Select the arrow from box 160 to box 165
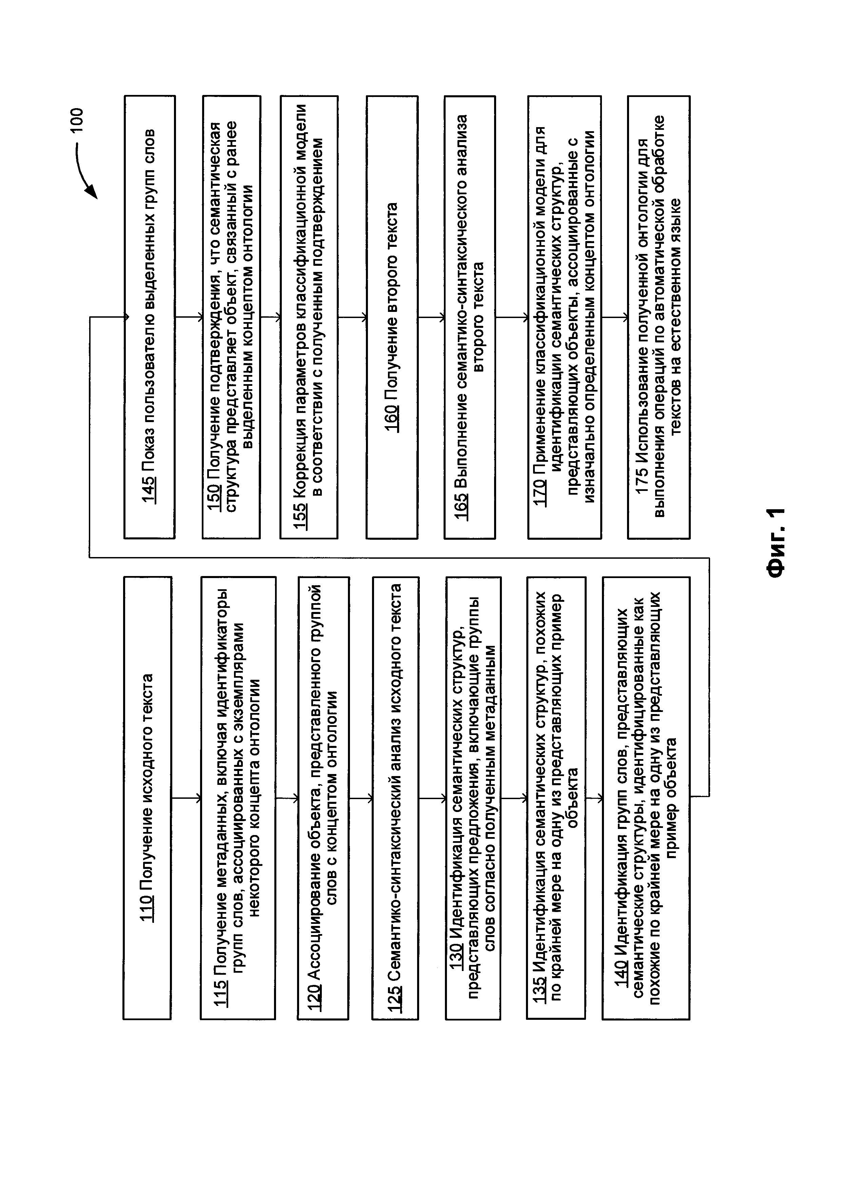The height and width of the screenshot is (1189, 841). (431, 317)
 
